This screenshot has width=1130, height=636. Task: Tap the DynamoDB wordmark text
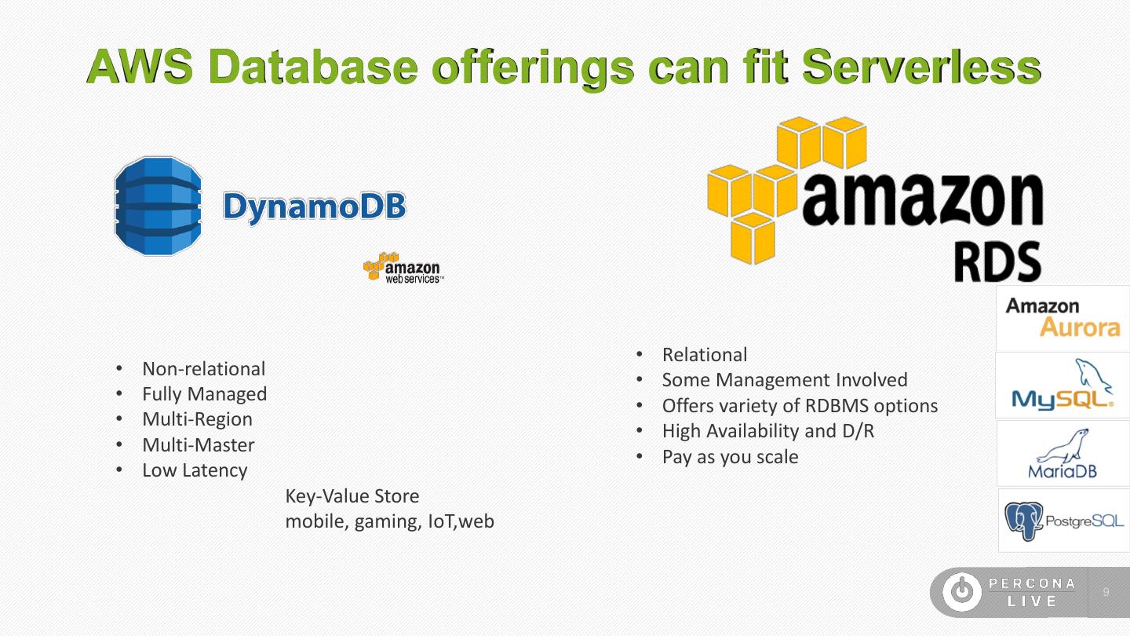click(315, 207)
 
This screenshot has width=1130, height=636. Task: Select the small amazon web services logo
click(403, 268)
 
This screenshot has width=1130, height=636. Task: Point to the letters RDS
click(997, 261)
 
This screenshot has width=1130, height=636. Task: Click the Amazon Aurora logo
click(1063, 317)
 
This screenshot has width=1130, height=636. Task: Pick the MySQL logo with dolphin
click(1063, 385)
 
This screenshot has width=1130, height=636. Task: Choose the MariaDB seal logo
click(1063, 454)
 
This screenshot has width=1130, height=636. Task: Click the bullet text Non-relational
click(203, 369)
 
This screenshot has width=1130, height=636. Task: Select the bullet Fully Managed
click(204, 394)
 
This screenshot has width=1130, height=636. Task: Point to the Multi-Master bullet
click(198, 445)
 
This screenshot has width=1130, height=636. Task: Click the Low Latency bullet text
click(195, 470)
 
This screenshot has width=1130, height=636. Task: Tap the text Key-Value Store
click(352, 496)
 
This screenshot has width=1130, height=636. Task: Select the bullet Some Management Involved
click(785, 380)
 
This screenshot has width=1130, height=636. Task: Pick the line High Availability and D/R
click(768, 431)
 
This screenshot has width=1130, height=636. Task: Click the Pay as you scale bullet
click(730, 457)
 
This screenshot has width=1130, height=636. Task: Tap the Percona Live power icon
click(962, 592)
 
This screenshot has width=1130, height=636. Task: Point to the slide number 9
click(1106, 592)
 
